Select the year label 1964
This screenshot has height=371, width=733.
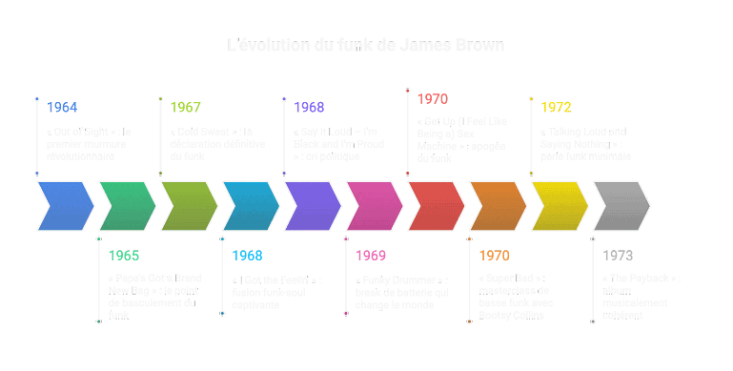click(x=62, y=108)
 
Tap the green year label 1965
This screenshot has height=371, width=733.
click(x=124, y=256)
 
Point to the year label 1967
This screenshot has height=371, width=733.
click(x=186, y=108)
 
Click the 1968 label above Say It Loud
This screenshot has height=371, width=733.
click(x=309, y=108)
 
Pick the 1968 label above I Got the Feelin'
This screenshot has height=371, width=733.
click(x=247, y=256)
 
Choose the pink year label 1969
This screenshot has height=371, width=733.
click(x=371, y=256)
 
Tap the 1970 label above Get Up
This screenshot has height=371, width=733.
click(x=432, y=99)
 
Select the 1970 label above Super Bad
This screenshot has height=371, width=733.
click(x=494, y=256)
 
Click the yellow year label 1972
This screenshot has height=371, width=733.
click(x=556, y=108)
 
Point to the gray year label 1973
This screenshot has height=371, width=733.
click(x=618, y=256)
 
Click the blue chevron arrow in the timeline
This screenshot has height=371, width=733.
click(x=65, y=205)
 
